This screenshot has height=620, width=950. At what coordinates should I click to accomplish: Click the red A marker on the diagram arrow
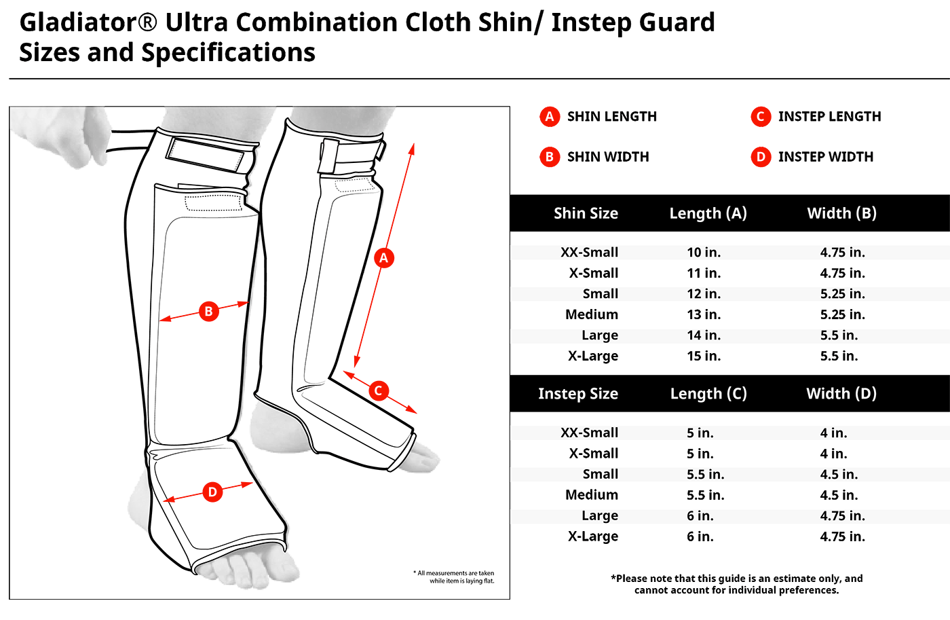coord(383,258)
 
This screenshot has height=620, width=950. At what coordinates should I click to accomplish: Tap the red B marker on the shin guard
coord(208,312)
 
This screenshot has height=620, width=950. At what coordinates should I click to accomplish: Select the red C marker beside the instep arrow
coord(379,390)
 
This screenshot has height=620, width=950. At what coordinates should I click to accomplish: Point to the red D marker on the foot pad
coord(212,492)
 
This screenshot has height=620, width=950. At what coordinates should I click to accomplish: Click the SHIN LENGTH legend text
coord(611,117)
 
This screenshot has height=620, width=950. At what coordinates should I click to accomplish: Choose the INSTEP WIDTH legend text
coord(825,157)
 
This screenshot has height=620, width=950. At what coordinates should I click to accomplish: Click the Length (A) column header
coord(708,213)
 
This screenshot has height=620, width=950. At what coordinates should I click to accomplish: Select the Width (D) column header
coord(841,394)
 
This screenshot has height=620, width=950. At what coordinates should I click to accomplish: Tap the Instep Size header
coord(577,394)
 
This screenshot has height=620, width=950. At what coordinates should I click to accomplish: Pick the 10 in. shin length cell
coord(704,253)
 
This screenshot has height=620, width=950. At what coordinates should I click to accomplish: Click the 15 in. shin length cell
coord(704,356)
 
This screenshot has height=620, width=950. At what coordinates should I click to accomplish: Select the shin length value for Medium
coord(704,314)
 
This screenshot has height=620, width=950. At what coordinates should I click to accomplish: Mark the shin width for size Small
coord(842,294)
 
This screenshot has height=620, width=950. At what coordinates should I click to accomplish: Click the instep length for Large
coord(700,516)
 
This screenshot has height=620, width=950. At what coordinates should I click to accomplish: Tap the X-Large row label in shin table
coord(593,356)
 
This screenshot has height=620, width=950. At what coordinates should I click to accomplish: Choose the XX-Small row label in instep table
coord(589,433)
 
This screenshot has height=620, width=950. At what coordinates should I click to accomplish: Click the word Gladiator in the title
coord(79,22)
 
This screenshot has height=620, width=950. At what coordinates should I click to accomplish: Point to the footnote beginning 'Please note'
coord(737,584)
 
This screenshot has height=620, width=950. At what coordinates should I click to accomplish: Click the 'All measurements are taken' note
coord(455,577)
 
